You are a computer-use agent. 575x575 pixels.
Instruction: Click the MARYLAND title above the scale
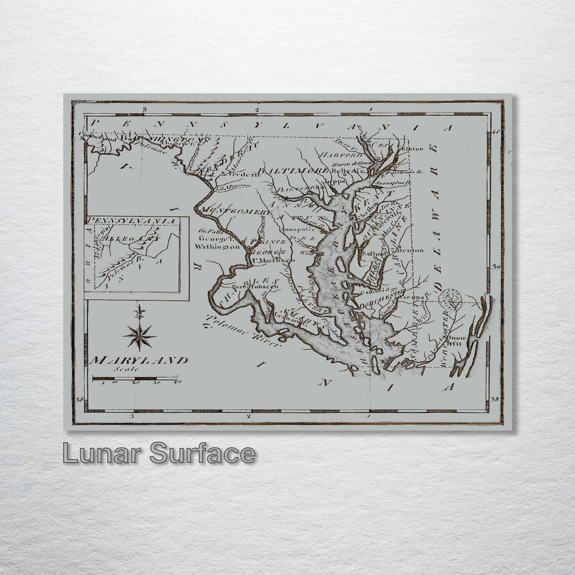138,360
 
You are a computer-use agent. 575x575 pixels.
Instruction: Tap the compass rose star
139,335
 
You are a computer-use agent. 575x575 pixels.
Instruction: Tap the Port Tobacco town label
259,286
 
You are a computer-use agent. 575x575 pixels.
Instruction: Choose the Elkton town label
413,149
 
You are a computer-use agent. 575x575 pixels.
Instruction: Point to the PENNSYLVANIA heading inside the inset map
132,220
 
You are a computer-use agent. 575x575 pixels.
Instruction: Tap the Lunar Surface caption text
159,454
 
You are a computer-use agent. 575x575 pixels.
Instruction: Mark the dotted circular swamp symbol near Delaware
451,299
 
